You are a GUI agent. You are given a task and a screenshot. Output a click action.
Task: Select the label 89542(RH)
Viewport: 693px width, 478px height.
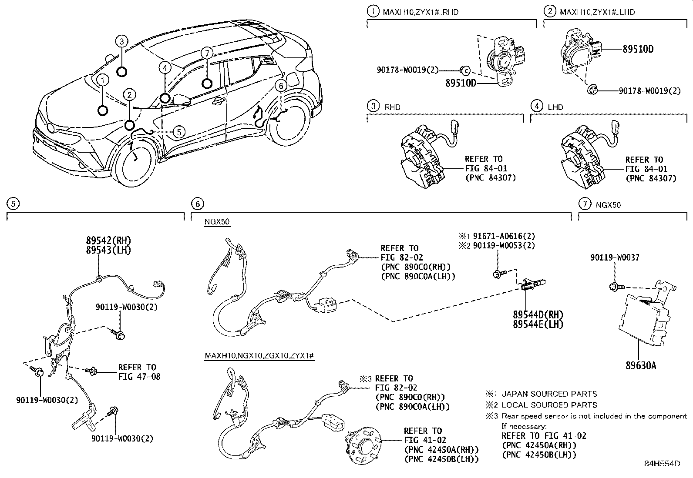pyautogui.click(x=108, y=241)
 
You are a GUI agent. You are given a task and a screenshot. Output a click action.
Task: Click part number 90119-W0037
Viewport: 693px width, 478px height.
pyautogui.click(x=615, y=257)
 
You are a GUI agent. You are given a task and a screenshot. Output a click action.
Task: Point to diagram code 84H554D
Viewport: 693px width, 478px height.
pyautogui.click(x=662, y=464)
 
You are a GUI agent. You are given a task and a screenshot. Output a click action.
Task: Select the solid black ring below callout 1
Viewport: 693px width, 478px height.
pyautogui.click(x=103, y=110)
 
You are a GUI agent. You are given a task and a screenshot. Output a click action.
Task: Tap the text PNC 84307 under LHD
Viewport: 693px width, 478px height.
pyautogui.click(x=651, y=178)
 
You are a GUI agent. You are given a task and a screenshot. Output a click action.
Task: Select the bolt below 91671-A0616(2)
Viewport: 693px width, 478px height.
pyautogui.click(x=498, y=274)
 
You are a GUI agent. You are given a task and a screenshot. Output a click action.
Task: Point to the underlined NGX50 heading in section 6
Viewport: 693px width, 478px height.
pyautogui.click(x=216, y=222)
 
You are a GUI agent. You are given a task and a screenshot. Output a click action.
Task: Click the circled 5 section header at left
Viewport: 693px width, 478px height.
pyautogui.click(x=13, y=203)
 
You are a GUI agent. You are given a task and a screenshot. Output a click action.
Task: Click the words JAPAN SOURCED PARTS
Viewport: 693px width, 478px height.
pyautogui.click(x=549, y=394)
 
